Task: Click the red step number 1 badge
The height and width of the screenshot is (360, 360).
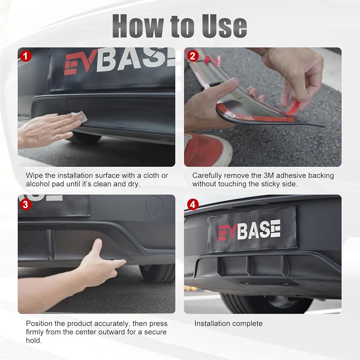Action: point(26,56)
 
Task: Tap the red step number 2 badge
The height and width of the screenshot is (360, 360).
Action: point(193,56)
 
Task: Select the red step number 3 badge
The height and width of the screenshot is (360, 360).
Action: point(26,204)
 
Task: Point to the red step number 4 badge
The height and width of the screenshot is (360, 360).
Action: point(193,204)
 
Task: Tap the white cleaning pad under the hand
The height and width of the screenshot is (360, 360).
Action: point(80,116)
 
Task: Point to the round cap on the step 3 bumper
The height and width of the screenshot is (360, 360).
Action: point(155,206)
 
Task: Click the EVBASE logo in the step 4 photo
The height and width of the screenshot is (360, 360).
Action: point(249,230)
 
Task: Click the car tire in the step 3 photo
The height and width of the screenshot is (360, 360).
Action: point(157,273)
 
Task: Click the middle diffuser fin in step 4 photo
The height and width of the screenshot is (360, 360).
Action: point(249,266)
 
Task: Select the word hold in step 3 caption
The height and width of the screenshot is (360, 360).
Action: point(34,340)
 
